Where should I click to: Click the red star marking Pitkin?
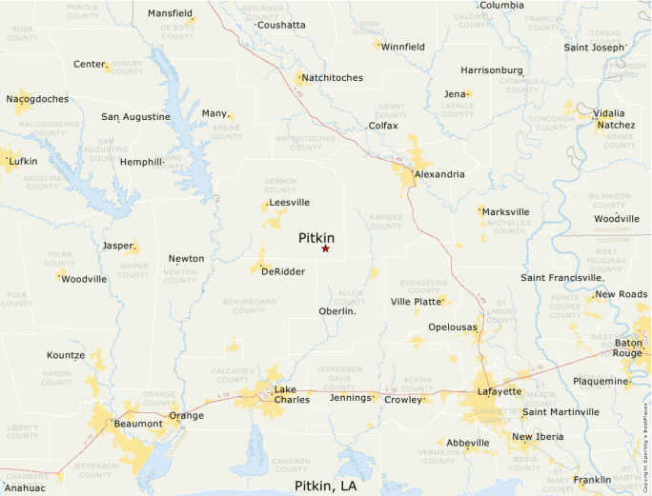click(325, 249)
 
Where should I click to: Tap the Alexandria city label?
click(439, 174)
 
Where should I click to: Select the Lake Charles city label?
click(291, 395)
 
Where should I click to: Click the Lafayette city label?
click(499, 391)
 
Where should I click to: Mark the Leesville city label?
click(289, 203)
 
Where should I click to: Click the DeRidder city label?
click(282, 271)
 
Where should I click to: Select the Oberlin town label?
click(336, 311)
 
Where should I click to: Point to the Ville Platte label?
click(417, 302)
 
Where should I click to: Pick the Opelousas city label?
click(451, 327)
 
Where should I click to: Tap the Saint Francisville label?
click(561, 278)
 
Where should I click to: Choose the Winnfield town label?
click(402, 47)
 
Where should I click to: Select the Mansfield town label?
click(170, 14)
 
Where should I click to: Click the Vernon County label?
click(280, 184)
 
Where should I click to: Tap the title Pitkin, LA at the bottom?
click(326, 486)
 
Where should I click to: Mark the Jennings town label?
click(349, 397)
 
